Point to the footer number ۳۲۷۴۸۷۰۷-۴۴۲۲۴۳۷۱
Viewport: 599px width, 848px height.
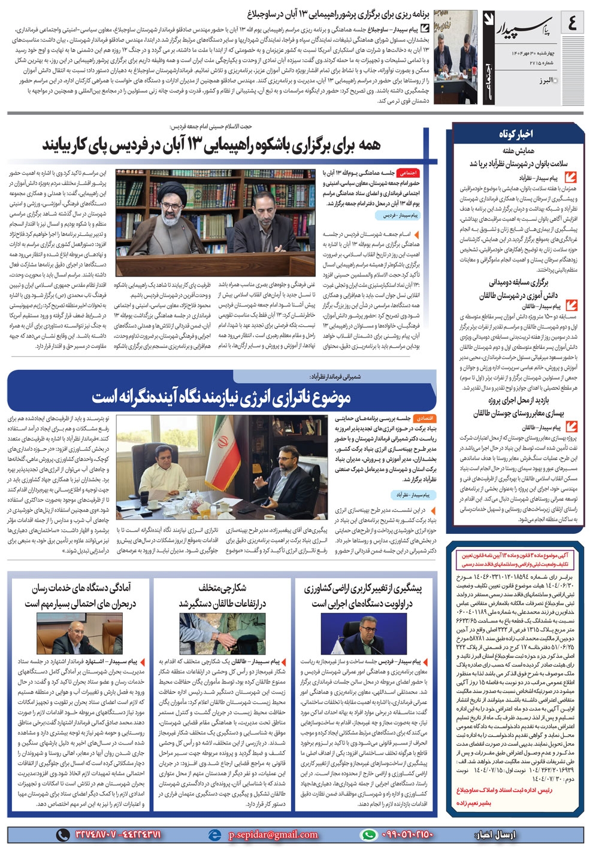click(116, 834)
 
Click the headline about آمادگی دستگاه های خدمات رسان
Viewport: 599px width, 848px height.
click(81, 596)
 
